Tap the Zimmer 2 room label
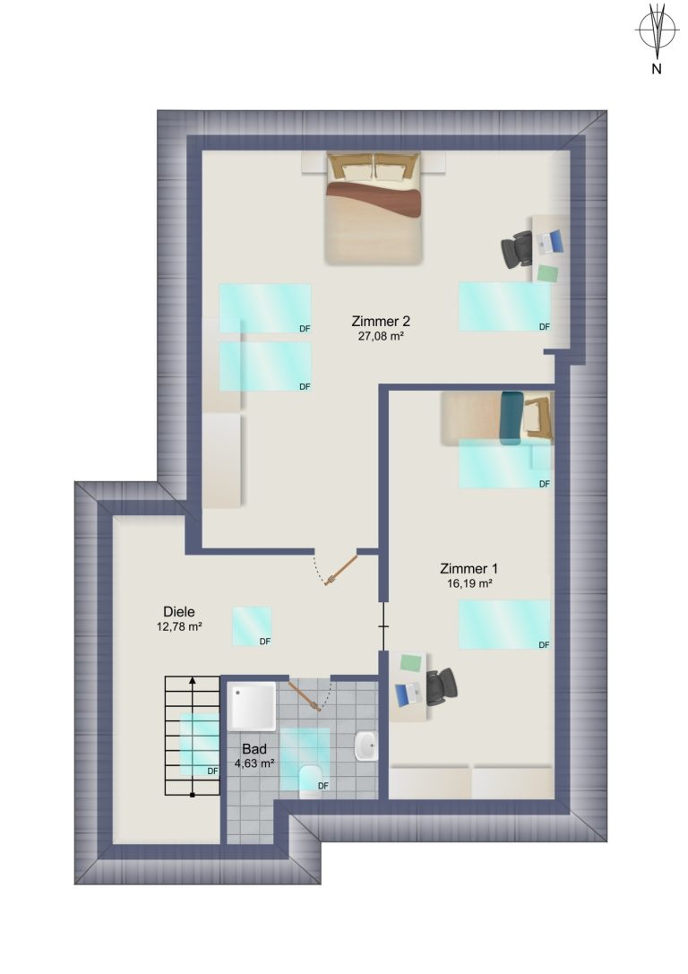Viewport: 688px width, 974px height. (x=381, y=321)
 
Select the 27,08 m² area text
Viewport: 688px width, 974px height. (x=381, y=336)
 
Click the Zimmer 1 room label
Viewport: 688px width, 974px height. (x=469, y=568)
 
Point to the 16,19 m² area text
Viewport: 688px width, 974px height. (x=469, y=583)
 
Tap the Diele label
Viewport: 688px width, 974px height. (x=179, y=612)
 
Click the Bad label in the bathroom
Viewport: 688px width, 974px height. (x=254, y=749)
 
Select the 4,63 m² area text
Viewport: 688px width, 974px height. (x=254, y=763)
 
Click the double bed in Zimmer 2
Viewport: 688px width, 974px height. (x=374, y=208)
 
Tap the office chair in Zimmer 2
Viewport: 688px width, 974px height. (x=517, y=249)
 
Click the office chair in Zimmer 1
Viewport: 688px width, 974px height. (x=442, y=686)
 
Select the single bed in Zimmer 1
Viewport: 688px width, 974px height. (x=497, y=418)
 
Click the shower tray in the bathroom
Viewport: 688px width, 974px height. (x=252, y=706)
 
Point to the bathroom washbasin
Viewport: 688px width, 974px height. (x=365, y=746)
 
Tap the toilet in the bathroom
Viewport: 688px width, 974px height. (x=310, y=782)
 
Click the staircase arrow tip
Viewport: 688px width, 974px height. (x=193, y=678)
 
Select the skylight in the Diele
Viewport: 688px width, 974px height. (x=252, y=626)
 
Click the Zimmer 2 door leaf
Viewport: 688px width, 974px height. (x=341, y=570)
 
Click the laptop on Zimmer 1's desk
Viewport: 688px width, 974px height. (x=408, y=694)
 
